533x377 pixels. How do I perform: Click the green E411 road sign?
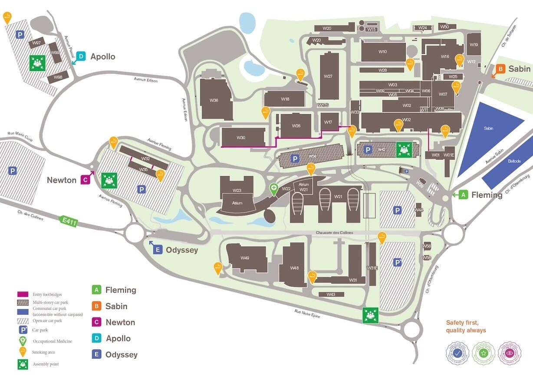point(69,221)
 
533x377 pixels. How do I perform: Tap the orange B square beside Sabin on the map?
point(500,69)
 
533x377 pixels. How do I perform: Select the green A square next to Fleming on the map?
point(463,195)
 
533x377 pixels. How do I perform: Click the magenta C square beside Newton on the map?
point(86,180)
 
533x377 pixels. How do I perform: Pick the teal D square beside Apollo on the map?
point(82,56)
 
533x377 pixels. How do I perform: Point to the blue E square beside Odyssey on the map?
point(158,249)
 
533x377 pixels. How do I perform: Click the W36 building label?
point(214,100)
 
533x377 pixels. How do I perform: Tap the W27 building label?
point(328,76)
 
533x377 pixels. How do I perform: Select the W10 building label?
point(382,52)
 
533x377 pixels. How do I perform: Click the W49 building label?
point(245,258)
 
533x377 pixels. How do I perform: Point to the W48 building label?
point(294,268)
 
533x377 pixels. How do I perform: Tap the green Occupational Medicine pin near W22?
point(274,189)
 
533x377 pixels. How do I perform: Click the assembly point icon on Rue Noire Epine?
point(371,315)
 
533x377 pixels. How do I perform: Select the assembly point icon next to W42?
point(404,150)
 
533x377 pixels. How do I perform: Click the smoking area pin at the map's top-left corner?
point(7,17)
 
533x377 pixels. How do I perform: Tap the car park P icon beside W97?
point(20,34)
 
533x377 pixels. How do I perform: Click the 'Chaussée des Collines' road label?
point(335,233)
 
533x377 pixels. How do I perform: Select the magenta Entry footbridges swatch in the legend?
point(24,295)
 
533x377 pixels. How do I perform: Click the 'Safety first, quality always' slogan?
point(466,326)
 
